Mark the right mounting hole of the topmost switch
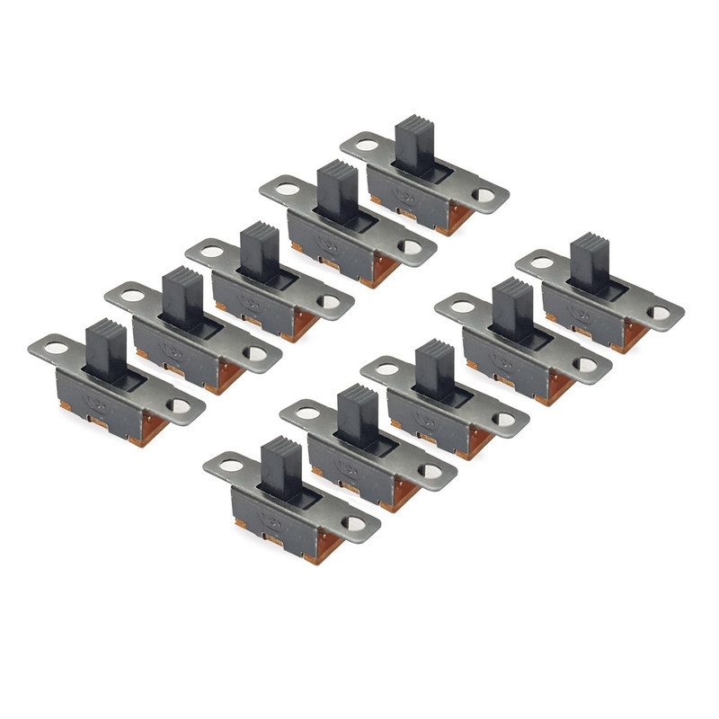click(485, 194)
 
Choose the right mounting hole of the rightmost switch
click(660, 314)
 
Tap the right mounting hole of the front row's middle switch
click(505, 419)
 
